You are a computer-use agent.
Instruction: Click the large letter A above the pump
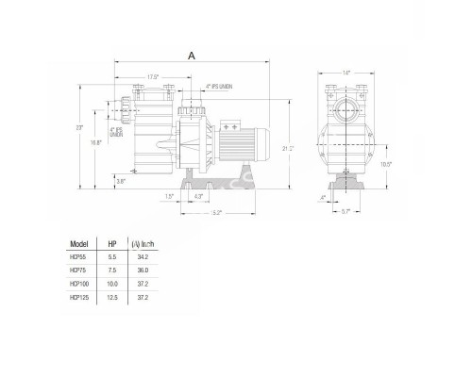pos(193,57)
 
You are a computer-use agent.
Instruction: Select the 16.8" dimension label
pos(95,142)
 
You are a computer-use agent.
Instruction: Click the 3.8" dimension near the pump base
pos(121,180)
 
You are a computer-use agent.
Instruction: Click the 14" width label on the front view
pos(346,73)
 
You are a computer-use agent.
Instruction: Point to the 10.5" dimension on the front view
pos(386,163)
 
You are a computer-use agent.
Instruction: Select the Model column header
pos(80,242)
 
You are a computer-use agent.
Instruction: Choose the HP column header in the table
pos(112,242)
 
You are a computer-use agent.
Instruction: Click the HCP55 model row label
pos(78,257)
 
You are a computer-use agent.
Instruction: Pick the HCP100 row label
pos(80,284)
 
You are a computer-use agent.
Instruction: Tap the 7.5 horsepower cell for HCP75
pos(112,270)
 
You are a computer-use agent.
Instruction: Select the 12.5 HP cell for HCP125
pos(112,297)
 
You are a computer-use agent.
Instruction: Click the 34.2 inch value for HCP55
pos(143,257)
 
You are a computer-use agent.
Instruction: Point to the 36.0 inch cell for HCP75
pos(143,270)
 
